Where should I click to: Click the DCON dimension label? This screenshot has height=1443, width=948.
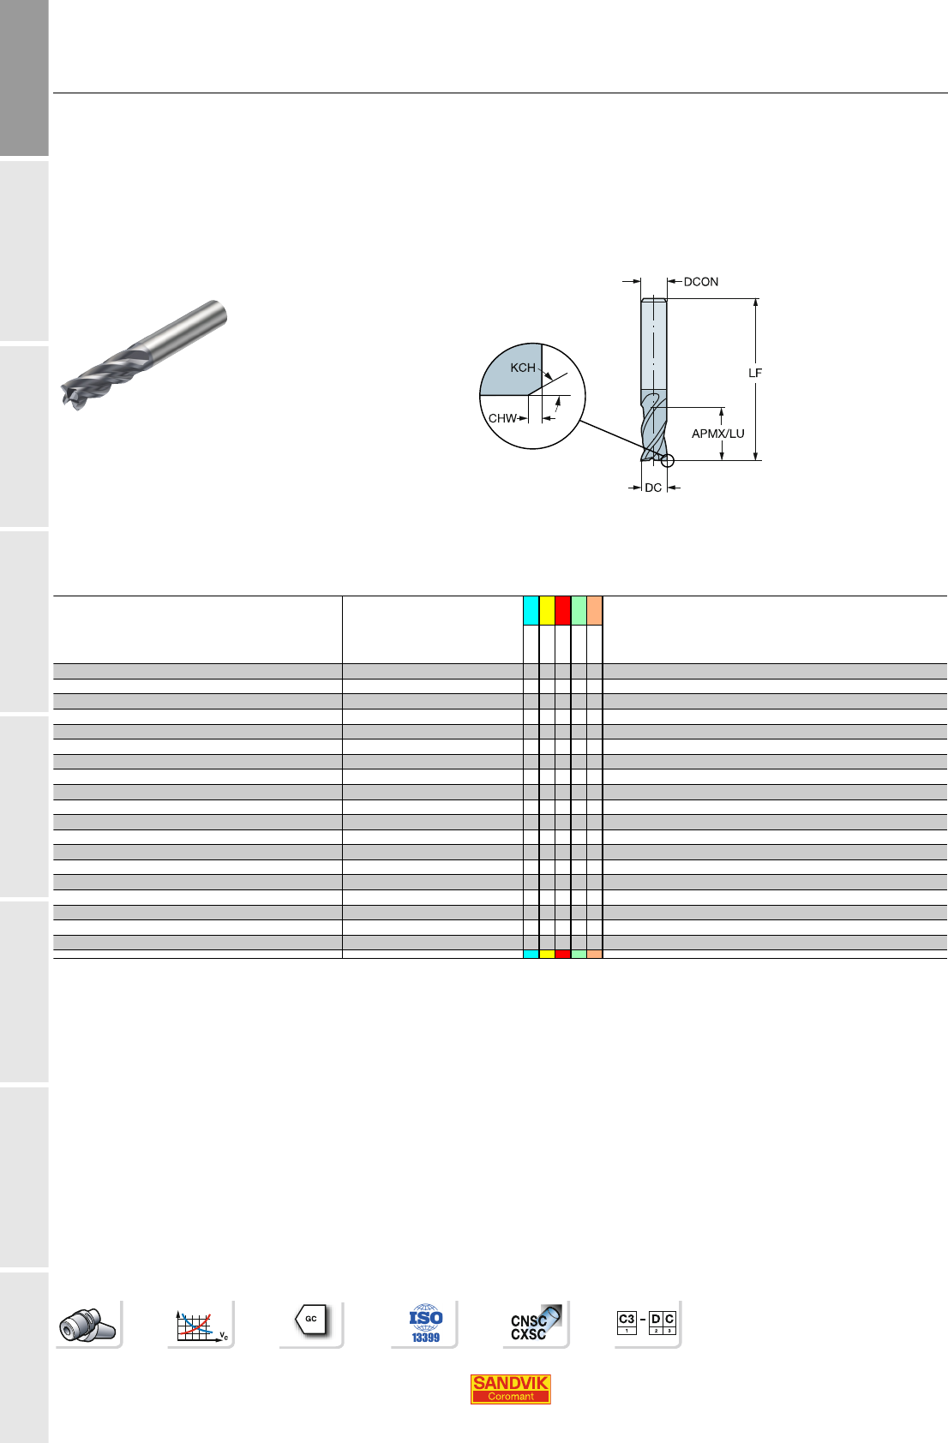[700, 282]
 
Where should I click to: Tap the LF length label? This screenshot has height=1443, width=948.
[754, 373]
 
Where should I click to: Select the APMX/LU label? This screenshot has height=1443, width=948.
[718, 434]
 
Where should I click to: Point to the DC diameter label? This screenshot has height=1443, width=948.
[653, 488]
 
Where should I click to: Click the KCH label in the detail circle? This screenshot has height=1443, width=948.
[523, 368]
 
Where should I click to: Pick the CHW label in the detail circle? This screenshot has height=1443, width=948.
[502, 418]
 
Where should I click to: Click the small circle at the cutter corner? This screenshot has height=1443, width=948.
[668, 461]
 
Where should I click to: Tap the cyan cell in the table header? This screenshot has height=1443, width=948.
[531, 610]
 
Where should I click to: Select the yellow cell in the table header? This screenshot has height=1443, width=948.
[547, 610]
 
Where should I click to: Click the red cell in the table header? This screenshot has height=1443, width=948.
[562, 610]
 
